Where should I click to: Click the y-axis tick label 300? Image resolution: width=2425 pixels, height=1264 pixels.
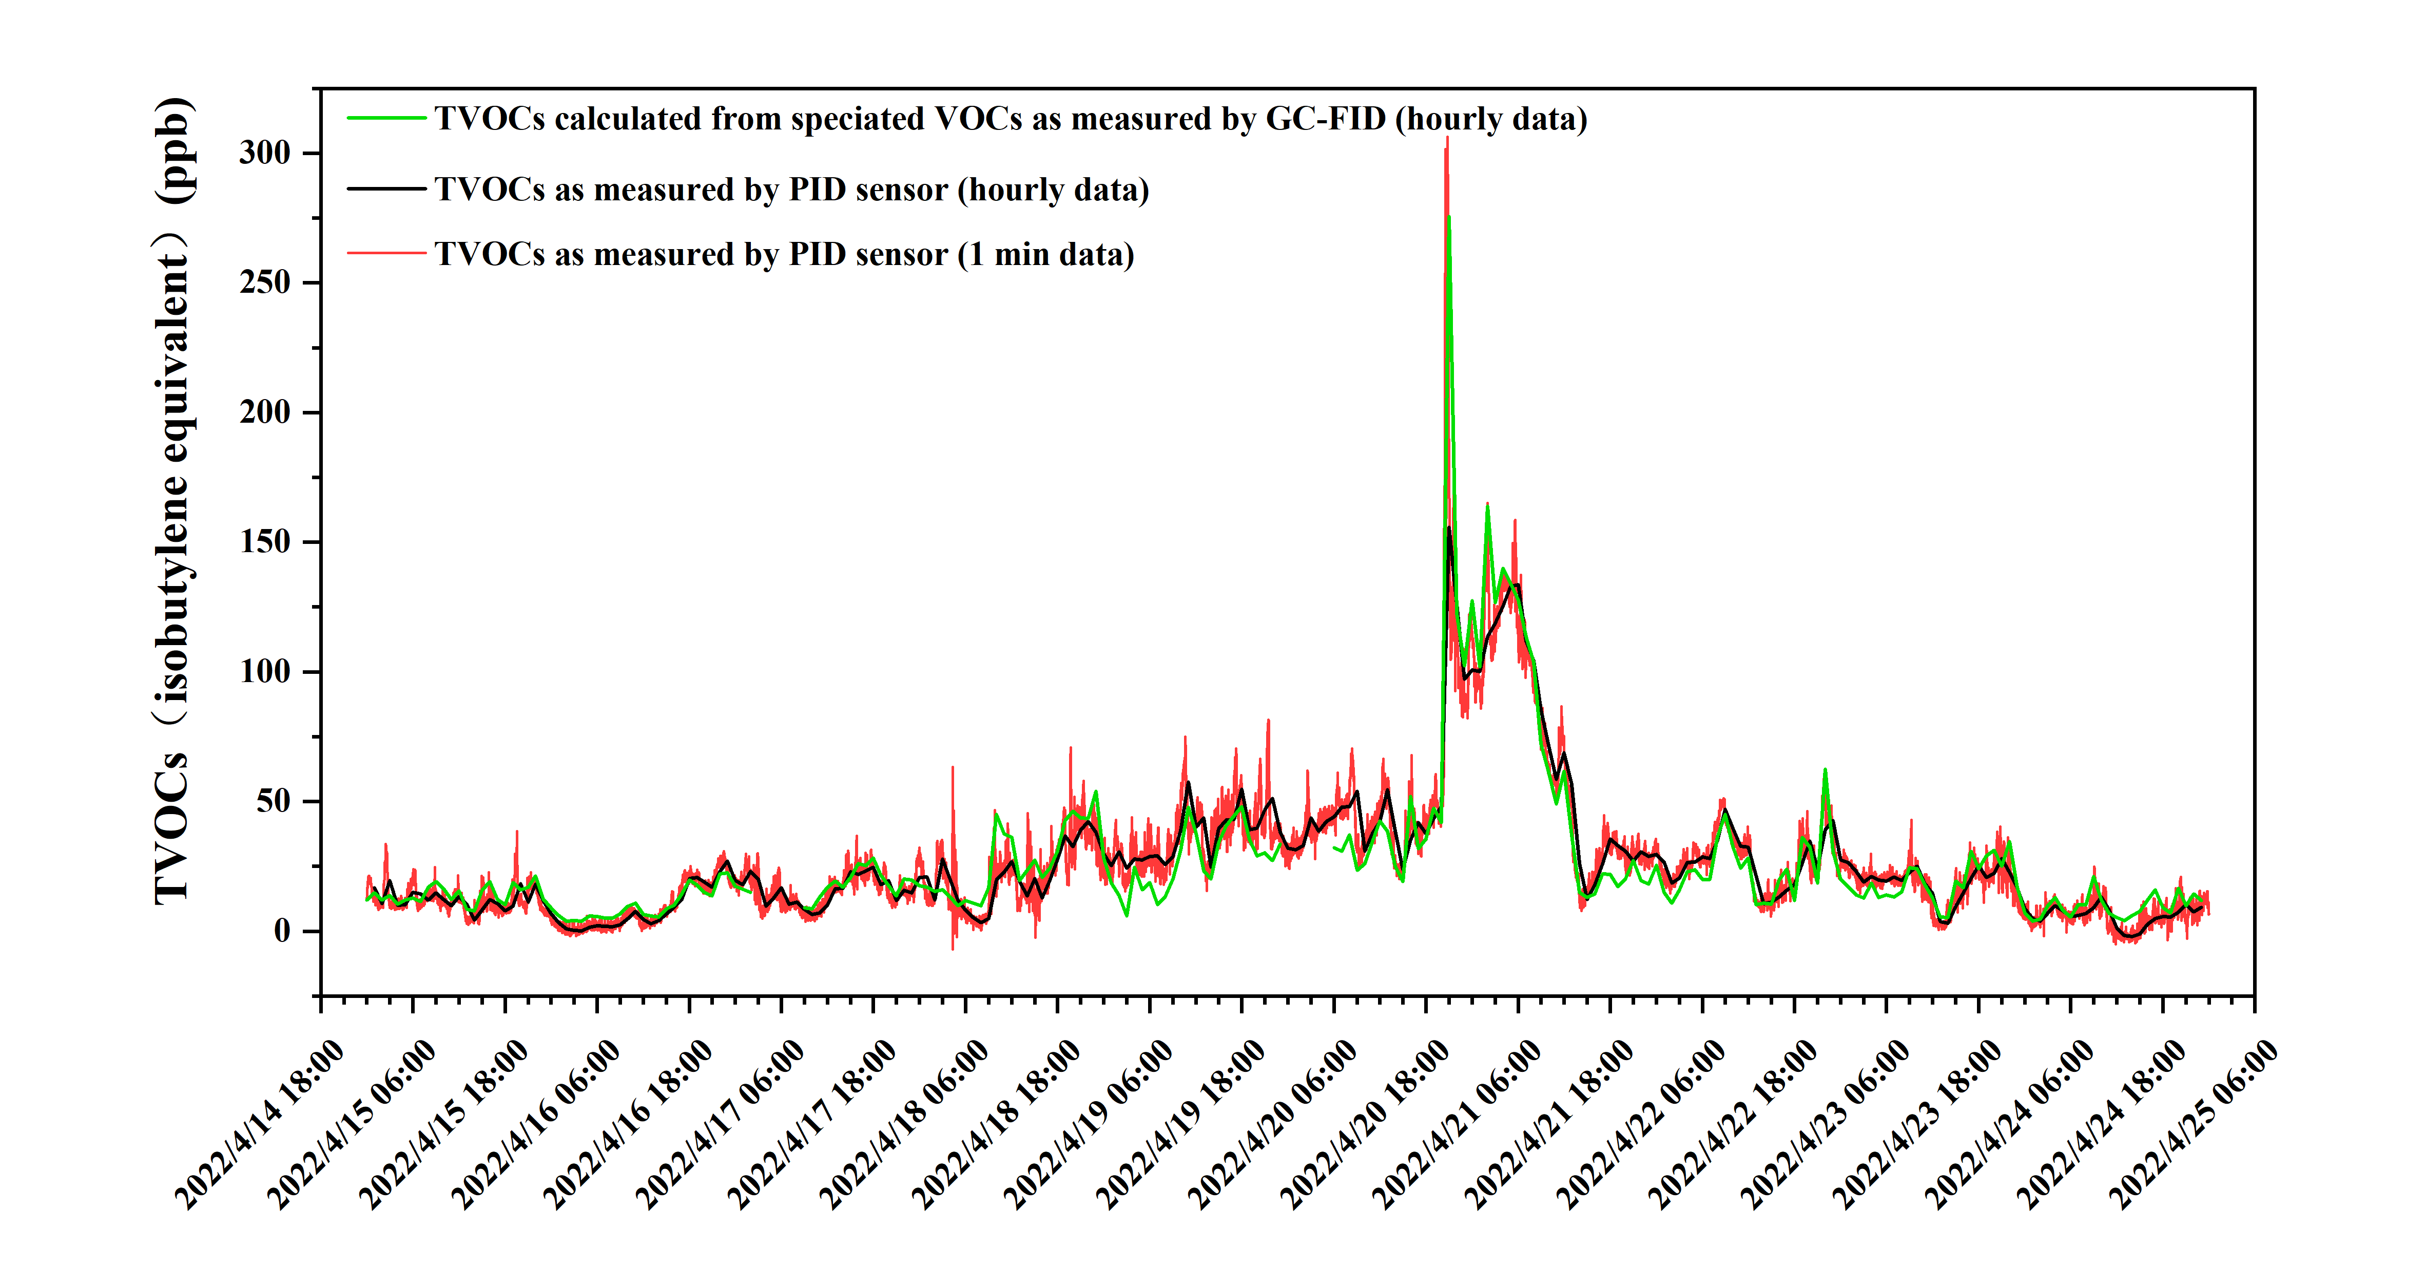(x=264, y=153)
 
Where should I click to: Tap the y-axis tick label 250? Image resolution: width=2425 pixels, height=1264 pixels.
(x=264, y=282)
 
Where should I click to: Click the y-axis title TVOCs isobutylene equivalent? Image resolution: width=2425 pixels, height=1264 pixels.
(x=173, y=499)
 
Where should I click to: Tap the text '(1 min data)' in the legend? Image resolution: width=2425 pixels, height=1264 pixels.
(x=1045, y=254)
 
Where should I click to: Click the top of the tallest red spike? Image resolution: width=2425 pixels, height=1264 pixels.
(x=1447, y=139)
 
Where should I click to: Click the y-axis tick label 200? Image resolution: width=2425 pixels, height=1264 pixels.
(x=264, y=412)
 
